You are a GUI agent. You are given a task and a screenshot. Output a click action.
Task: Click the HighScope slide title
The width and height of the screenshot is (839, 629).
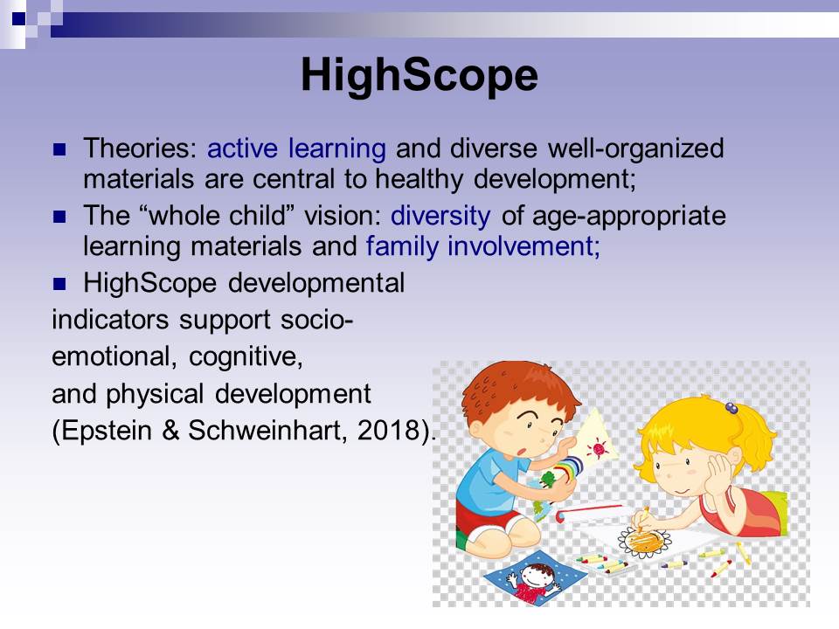419,75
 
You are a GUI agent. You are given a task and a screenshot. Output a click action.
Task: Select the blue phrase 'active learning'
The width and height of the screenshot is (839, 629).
296,149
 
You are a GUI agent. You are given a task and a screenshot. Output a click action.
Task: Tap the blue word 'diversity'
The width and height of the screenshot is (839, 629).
440,216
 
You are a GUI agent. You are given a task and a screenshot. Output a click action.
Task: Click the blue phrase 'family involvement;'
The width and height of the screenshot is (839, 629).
483,246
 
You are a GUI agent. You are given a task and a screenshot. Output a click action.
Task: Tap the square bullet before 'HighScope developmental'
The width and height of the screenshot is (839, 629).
59,283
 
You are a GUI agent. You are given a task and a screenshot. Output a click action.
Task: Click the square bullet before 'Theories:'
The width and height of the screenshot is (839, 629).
59,149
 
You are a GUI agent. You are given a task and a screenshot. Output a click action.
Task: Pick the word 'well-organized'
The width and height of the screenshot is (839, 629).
635,149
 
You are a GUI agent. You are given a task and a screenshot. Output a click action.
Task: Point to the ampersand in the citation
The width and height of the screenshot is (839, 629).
170,430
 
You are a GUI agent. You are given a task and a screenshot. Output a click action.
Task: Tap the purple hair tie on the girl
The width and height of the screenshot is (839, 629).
732,409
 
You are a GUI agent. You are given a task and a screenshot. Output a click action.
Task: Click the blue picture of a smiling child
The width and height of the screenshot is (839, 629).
535,578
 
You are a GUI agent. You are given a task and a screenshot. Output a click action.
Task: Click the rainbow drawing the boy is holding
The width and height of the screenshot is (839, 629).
569,467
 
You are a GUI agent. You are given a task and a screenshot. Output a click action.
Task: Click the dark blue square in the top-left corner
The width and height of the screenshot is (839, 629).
18,18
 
